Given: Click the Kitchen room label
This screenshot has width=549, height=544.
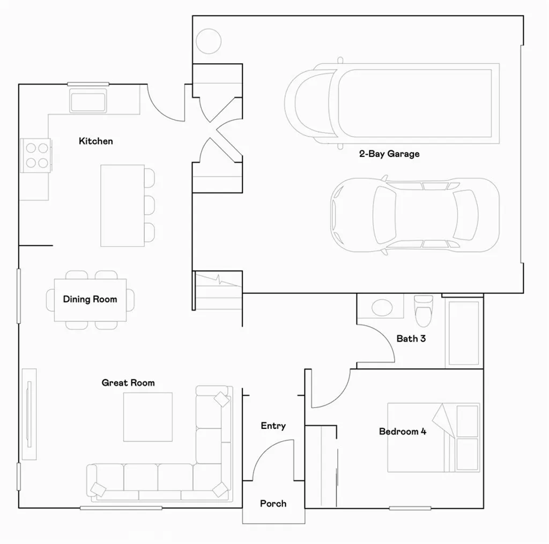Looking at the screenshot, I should click(x=96, y=141).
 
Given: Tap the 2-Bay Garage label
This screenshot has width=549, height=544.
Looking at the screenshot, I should click(x=389, y=154).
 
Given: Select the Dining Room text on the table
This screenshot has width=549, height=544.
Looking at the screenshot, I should click(x=90, y=299).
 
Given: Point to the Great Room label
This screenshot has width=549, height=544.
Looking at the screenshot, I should click(x=128, y=383).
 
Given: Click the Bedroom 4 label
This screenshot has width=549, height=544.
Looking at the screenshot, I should click(x=403, y=432).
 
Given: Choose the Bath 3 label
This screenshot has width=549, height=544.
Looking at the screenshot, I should click(x=411, y=338).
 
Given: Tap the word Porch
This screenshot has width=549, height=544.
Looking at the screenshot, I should click(x=273, y=504).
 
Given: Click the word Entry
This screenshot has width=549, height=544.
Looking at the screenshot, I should click(x=273, y=426).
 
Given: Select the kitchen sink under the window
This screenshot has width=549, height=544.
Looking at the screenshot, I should click(x=88, y=101).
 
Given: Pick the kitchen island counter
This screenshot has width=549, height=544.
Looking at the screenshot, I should click(x=122, y=206).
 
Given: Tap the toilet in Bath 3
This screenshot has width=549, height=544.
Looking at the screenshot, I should click(x=424, y=311).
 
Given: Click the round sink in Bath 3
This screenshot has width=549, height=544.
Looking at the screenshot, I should click(x=382, y=307).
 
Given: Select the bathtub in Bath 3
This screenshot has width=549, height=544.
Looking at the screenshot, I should click(x=463, y=333).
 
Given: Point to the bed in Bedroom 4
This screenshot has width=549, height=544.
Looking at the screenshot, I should click(x=433, y=437).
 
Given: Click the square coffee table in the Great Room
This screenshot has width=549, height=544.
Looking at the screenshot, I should click(x=148, y=417).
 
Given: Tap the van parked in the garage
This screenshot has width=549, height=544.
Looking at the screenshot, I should click(x=391, y=103).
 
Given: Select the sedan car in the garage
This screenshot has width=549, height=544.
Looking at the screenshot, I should click(x=414, y=215).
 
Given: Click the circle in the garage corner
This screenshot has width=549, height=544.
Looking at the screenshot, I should click(x=208, y=40).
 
